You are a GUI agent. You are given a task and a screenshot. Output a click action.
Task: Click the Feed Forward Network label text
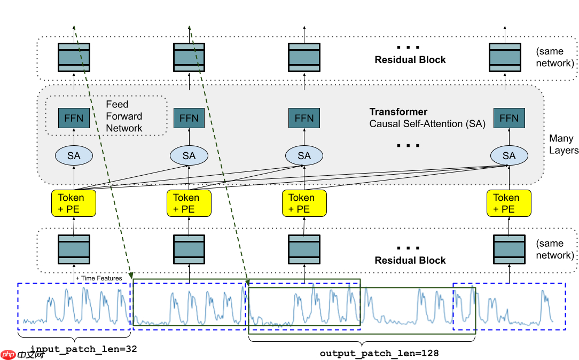coord(124,116)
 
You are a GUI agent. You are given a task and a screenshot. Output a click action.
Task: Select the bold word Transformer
coord(398,112)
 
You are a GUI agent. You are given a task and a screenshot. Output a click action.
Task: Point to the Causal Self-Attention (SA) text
coord(427,124)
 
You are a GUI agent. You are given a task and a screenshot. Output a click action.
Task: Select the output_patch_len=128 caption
coord(379,353)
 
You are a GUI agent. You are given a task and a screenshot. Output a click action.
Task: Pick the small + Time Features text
coord(99,278)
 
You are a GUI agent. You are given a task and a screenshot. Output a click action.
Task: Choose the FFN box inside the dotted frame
coord(74,118)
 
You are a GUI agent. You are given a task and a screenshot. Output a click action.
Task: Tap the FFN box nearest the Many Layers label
coord(509,118)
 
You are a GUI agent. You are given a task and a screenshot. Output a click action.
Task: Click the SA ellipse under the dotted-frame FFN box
coord(74,155)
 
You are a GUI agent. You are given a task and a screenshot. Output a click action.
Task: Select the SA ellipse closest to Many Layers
coord(509,155)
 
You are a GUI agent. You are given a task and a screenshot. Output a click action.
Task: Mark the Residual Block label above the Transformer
coord(410,60)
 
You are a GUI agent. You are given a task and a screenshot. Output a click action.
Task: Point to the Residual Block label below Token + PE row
coord(410,260)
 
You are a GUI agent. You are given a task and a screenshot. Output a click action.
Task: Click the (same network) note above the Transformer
coord(555,58)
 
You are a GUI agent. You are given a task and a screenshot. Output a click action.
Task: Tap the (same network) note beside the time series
coord(555,249)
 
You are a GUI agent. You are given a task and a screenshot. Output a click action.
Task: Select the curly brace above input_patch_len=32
coord(74,338)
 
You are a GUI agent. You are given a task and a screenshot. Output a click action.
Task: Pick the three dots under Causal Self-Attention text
coord(409,145)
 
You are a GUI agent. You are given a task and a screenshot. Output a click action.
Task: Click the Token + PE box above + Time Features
coord(74,203)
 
